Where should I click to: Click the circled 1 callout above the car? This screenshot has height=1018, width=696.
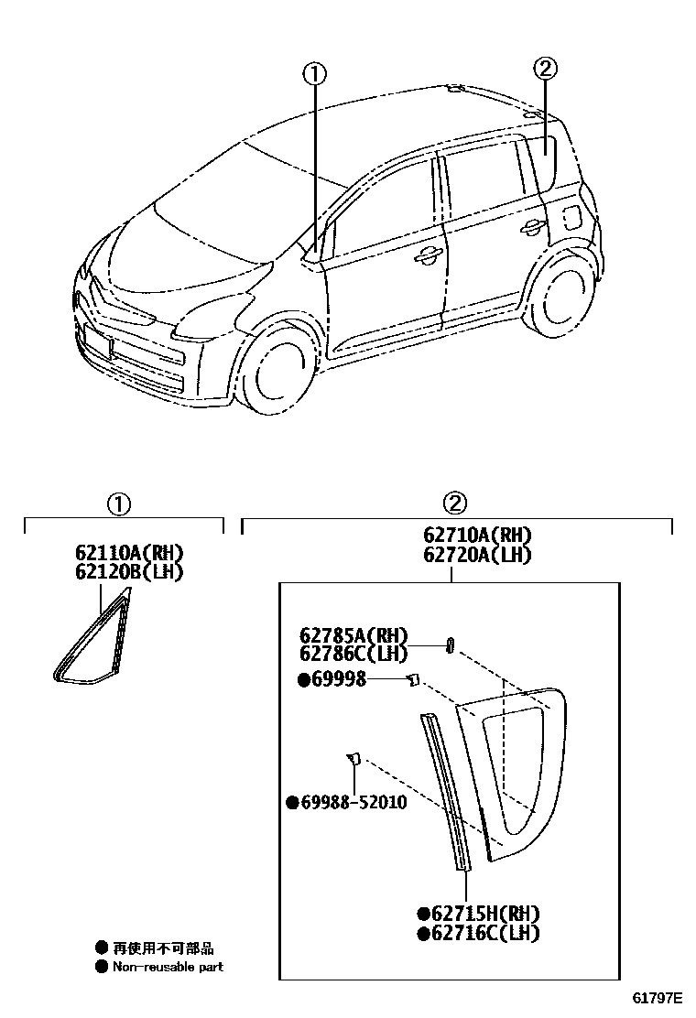click(x=314, y=73)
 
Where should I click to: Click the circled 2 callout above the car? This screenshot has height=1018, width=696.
click(x=545, y=68)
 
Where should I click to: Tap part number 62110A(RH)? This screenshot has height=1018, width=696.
click(x=130, y=553)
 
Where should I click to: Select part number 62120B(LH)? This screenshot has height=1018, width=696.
click(x=130, y=572)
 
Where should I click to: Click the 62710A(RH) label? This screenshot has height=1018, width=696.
click(x=477, y=536)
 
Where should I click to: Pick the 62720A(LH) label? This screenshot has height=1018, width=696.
click(x=477, y=555)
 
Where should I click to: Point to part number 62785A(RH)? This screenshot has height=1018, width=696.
click(x=353, y=635)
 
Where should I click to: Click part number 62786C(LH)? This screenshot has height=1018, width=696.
click(x=353, y=653)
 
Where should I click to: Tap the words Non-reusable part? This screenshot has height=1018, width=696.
click(x=168, y=967)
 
